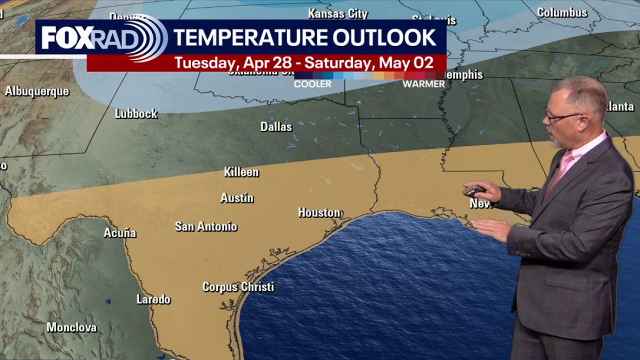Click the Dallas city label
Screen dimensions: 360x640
point(276,127)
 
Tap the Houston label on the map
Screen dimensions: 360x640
point(319,212)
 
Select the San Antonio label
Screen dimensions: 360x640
point(206,226)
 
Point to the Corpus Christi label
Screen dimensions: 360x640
point(238,287)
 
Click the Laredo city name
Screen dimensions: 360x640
point(153,299)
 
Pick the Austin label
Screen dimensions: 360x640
point(237,198)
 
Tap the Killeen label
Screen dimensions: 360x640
point(241,172)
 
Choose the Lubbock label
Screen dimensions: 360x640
point(136,113)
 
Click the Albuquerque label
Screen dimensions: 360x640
point(37,91)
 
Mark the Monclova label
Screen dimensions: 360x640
point(71,327)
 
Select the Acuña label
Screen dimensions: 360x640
point(120,233)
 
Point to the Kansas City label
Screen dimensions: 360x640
point(338,13)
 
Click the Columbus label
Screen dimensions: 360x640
point(562,12)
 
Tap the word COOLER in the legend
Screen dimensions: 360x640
point(312,84)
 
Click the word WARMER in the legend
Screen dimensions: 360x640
point(423,84)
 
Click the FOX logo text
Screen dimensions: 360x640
point(65,37)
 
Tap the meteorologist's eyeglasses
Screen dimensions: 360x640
point(563,117)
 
